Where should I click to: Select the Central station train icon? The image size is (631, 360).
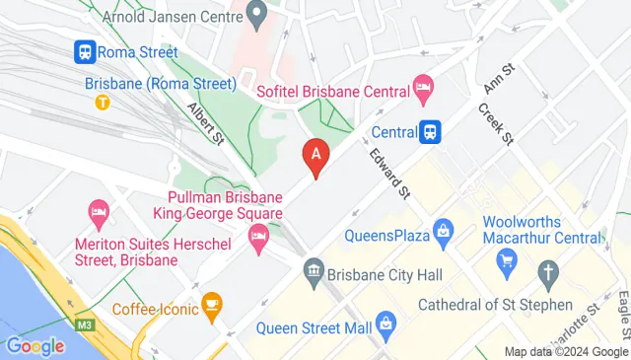(430, 131)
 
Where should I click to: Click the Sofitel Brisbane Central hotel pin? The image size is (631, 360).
(422, 88)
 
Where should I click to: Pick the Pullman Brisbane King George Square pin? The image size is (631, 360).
(257, 237)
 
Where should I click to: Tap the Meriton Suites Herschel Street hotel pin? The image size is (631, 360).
(98, 211)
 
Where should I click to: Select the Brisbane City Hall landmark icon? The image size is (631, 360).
(314, 268)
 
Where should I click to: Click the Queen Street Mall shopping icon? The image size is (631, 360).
(386, 323)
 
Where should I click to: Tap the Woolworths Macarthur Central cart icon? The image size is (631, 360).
(508, 259)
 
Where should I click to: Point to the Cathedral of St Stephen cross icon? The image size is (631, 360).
(547, 272)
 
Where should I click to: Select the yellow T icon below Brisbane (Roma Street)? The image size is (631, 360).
(101, 101)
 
